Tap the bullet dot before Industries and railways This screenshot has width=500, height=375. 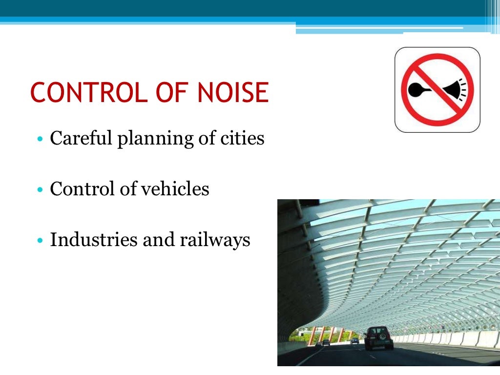[x=41, y=241]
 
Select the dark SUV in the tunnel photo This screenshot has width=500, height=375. [x=378, y=337]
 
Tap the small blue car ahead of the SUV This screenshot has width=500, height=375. [x=354, y=340]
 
